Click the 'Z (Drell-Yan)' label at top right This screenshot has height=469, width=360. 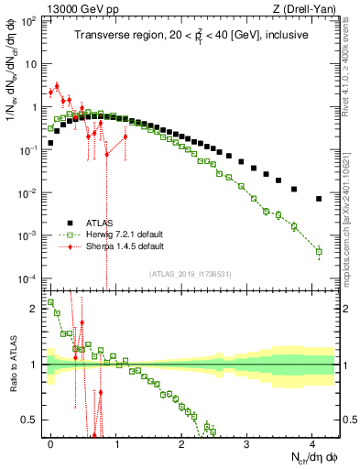[x=305, y=8]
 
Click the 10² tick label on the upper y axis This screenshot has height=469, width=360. [x=29, y=22]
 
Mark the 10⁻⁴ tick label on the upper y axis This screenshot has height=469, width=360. [x=29, y=278]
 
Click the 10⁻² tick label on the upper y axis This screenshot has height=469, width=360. [x=29, y=193]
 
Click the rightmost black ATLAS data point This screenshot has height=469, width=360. [x=319, y=199]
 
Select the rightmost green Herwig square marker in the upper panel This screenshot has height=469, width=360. [x=319, y=251]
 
